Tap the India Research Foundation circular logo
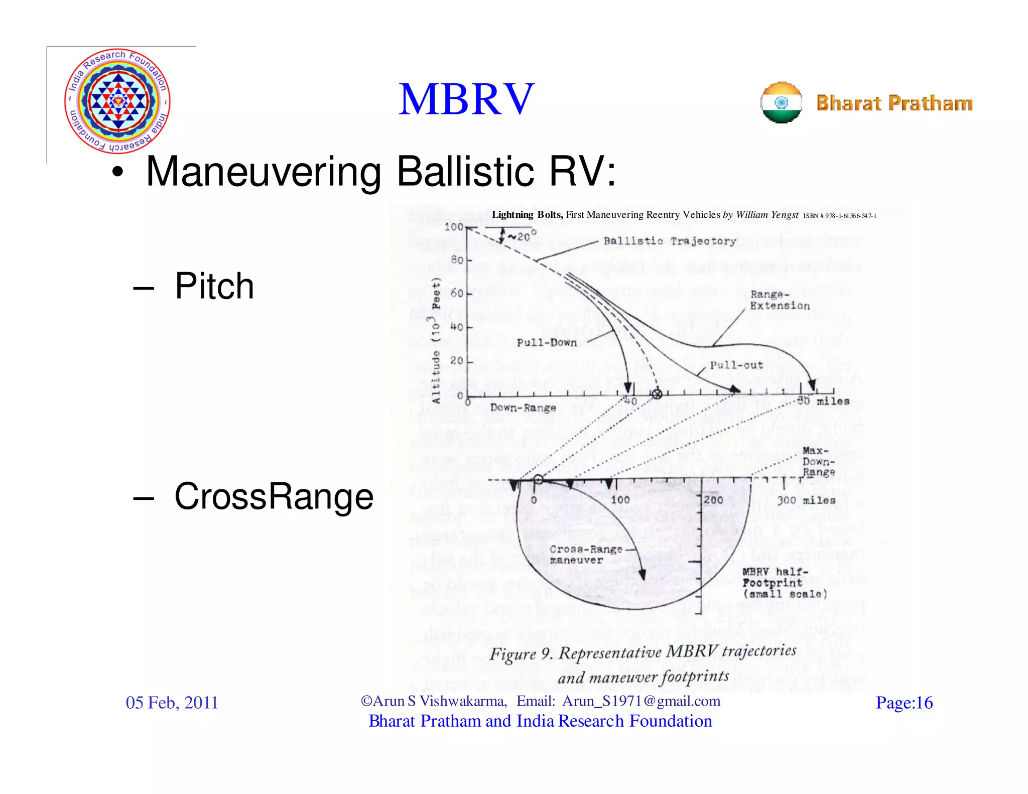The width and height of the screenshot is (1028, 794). point(117,101)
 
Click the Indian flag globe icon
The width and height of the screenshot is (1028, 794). point(781,102)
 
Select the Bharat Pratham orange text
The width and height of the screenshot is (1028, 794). point(894,103)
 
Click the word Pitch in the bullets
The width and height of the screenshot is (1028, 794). point(214,286)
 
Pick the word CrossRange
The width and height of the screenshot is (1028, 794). point(274,496)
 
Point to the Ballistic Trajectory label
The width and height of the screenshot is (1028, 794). point(670,241)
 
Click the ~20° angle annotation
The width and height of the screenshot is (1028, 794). point(522,235)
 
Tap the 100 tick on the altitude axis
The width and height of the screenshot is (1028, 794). point(454,227)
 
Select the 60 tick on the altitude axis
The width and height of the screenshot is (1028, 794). point(457,293)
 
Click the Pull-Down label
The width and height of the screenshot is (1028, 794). point(547,343)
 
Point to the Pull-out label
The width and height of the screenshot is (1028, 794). point(736,365)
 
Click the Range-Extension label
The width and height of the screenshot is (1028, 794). point(780,300)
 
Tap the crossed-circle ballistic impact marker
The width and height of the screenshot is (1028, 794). point(657,394)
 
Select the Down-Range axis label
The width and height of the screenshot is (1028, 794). point(523,408)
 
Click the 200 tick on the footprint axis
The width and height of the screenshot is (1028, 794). point(713,500)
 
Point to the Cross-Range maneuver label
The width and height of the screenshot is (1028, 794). point(585,555)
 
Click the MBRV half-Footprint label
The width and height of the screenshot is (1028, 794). point(784,583)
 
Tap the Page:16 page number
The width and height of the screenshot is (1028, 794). point(904,703)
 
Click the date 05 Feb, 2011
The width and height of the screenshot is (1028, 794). point(172,703)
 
